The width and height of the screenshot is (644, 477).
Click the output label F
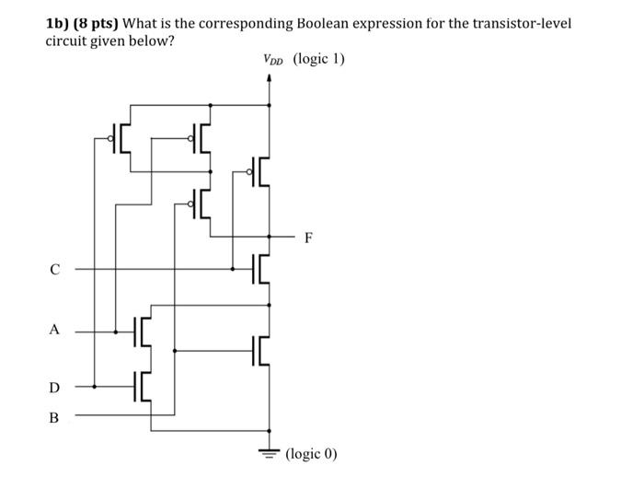tap(308, 238)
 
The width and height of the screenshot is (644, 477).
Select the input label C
tap(55, 270)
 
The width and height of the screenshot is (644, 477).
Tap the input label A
tap(55, 330)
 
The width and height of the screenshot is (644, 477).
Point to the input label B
tap(53, 417)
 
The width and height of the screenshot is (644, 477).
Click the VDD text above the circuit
tap(273, 60)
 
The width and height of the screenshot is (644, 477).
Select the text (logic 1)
tap(318, 60)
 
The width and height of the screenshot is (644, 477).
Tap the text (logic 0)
tap(312, 454)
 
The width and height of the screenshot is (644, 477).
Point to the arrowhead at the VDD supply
tap(270, 79)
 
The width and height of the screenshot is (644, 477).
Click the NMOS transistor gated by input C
tap(261, 269)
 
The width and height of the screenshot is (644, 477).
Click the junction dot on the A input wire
tap(115, 332)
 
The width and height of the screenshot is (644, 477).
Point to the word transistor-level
tap(523, 22)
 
